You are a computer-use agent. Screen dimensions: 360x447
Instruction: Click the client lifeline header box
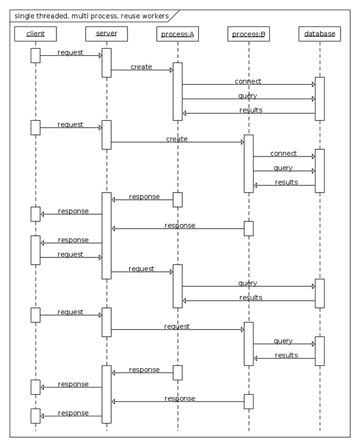[35, 34]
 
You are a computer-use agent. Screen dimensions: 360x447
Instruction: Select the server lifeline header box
[106, 34]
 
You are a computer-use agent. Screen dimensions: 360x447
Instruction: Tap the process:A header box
[177, 34]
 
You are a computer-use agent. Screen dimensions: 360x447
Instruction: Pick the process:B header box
[249, 34]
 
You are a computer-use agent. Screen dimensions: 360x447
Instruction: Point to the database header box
[320, 34]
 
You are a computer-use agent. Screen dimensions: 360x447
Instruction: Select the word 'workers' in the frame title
[155, 16]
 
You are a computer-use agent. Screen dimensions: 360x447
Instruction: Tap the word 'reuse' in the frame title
[130, 16]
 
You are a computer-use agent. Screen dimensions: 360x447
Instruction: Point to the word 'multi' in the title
[79, 16]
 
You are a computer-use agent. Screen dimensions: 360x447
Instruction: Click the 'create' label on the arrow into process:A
[141, 67]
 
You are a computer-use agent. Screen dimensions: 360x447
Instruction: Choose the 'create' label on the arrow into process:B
[177, 139]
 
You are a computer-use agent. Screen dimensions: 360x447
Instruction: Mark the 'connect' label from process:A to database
[248, 81]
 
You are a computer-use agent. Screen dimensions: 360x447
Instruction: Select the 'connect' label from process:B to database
[284, 153]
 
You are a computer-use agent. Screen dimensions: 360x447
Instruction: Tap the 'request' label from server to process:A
[141, 269]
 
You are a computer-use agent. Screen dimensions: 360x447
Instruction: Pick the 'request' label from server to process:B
[177, 327]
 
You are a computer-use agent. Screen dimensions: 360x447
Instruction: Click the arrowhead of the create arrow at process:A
[171, 70]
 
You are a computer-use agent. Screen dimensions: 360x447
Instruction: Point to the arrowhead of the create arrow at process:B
[243, 142]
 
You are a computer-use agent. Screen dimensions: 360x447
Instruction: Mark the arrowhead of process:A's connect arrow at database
[314, 84]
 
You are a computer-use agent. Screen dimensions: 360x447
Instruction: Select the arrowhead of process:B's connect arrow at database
[314, 156]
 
